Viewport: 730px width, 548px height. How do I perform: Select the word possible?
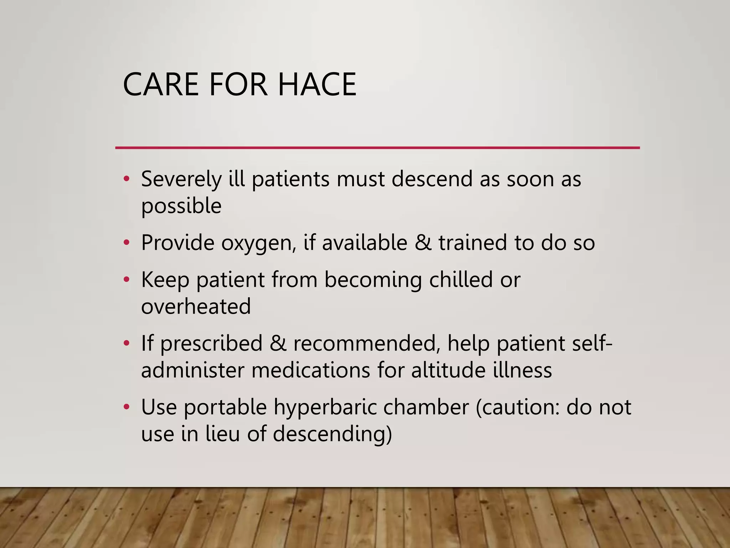(x=181, y=206)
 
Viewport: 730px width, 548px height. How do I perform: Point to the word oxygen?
(x=258, y=243)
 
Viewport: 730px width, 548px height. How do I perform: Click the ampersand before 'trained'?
(x=423, y=243)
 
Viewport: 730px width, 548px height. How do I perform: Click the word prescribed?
(x=211, y=343)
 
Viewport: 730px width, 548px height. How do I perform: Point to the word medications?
(x=311, y=370)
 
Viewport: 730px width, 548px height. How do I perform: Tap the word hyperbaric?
(x=325, y=407)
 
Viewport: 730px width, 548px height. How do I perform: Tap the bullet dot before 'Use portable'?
(x=126, y=407)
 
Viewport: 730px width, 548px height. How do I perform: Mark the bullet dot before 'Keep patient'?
(x=126, y=280)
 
